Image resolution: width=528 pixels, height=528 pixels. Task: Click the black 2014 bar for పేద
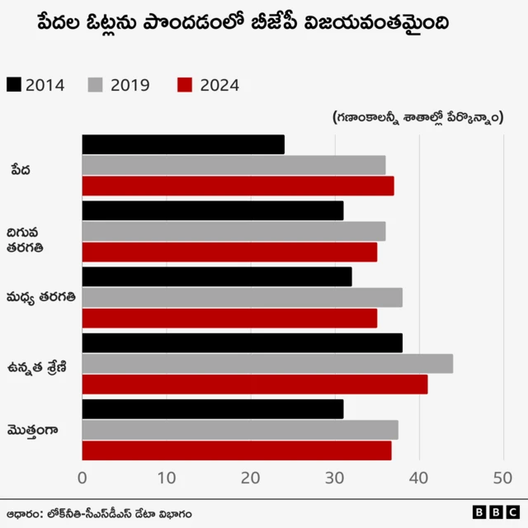[183, 144]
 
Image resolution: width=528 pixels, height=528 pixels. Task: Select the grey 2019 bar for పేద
[233, 165]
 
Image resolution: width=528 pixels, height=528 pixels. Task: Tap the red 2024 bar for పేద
[238, 186]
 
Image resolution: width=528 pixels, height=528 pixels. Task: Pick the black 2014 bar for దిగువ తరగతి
[213, 210]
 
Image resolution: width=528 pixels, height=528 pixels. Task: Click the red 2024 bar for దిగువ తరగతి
[229, 252]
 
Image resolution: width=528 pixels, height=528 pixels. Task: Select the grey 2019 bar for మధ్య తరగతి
[242, 297]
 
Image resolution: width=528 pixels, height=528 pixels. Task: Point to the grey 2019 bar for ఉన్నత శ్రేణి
[267, 363]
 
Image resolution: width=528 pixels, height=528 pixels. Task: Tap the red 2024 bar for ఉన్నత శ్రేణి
[255, 384]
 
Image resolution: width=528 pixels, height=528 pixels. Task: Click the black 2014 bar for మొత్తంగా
[213, 408]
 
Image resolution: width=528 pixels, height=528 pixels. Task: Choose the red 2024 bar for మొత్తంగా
[237, 450]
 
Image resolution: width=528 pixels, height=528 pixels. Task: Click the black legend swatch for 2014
[14, 85]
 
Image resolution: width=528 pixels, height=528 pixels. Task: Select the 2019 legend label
[130, 85]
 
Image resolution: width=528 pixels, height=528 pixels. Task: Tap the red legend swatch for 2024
[184, 85]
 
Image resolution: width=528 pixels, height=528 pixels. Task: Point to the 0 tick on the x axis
[82, 478]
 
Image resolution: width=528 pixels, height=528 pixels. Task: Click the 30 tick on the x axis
[335, 478]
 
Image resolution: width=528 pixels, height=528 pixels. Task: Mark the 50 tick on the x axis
[503, 478]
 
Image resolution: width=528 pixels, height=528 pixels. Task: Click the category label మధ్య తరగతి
[41, 297]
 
